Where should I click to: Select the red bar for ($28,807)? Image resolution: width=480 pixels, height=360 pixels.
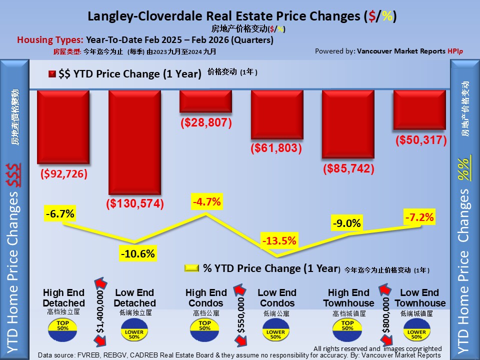[x=205, y=101]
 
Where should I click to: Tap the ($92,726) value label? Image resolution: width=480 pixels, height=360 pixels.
[x=63, y=174]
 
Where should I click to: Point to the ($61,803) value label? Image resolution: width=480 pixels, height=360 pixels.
[x=276, y=148]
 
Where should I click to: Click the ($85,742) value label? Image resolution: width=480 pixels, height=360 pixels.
[x=348, y=169]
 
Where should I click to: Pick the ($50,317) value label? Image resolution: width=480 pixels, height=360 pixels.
[x=420, y=140]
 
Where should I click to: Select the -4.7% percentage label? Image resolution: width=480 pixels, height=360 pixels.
[x=206, y=202]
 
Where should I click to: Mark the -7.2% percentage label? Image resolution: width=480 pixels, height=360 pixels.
[x=419, y=217]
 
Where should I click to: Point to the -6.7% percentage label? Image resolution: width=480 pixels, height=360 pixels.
[x=60, y=214]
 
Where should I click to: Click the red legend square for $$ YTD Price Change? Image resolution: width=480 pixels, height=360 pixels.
[x=52, y=74]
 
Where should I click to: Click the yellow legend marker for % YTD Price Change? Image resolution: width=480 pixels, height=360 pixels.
[x=192, y=268]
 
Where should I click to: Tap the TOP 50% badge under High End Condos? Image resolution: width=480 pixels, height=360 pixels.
[x=205, y=327]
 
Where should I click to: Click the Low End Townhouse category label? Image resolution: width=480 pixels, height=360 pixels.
[x=419, y=298]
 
